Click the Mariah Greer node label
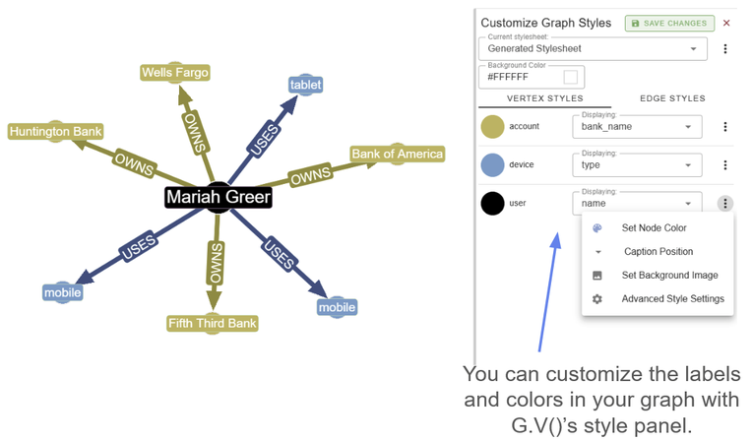click(218, 197)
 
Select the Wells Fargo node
click(175, 73)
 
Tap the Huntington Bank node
click(55, 131)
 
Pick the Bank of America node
click(397, 154)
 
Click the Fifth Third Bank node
click(214, 322)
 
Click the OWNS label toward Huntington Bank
click(134, 160)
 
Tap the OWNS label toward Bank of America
click(309, 176)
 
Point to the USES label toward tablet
click(265, 141)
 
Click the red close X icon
click(726, 23)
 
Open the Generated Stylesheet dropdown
click(593, 48)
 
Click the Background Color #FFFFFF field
click(531, 77)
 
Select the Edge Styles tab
click(673, 98)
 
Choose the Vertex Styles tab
click(544, 98)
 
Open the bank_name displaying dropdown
click(636, 127)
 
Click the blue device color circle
click(492, 165)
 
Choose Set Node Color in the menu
click(655, 228)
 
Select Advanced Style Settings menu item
click(672, 299)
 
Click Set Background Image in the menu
click(669, 276)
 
